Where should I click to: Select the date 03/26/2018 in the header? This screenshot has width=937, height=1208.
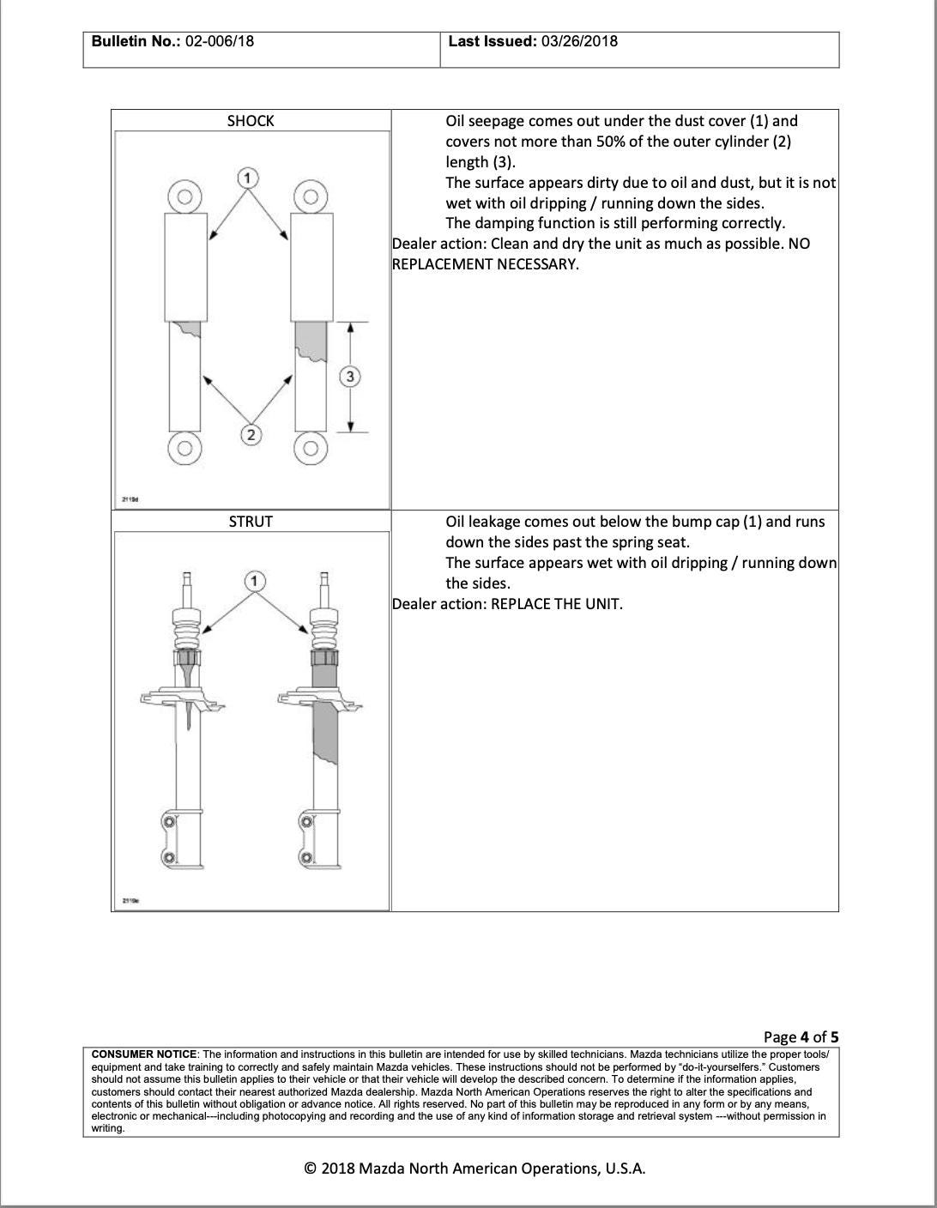[x=579, y=41]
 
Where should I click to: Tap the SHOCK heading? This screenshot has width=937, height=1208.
[x=251, y=121]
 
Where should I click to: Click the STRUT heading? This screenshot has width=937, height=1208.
[x=251, y=522]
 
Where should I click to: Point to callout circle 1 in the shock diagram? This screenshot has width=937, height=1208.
[x=247, y=178]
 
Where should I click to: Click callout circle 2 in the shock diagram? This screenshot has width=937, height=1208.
[x=251, y=435]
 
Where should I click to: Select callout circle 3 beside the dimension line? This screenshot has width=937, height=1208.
[x=350, y=376]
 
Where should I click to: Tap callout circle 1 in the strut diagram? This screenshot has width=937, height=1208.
[x=254, y=581]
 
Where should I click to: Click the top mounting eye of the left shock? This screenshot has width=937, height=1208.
[x=184, y=197]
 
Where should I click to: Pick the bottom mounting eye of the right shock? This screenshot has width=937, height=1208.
[x=311, y=447]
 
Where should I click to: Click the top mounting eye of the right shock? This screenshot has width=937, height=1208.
[x=311, y=197]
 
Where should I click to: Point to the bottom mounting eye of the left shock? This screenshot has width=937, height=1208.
[x=184, y=447]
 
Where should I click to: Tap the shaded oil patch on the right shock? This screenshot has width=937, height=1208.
[x=311, y=340]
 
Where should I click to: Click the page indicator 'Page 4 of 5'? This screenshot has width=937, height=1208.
[x=801, y=1036]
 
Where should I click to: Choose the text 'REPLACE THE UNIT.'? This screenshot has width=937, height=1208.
[x=557, y=604]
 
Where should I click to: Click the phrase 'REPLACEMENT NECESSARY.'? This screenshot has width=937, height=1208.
[x=485, y=264]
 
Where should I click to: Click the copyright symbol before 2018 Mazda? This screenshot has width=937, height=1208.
[x=311, y=1169]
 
